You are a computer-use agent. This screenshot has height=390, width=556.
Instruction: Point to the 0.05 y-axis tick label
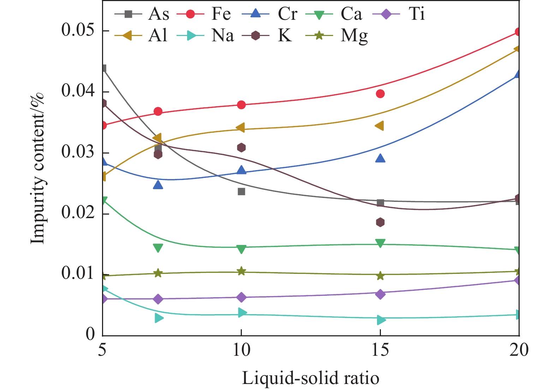tap(78, 30)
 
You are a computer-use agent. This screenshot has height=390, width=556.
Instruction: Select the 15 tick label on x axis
tap(380, 350)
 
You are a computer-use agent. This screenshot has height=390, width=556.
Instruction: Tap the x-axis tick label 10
tap(241, 350)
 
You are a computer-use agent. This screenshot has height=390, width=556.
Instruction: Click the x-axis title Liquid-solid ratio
tap(310, 378)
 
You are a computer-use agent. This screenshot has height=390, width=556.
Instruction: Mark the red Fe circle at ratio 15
tap(380, 94)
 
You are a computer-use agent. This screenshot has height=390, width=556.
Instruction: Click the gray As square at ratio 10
tap(241, 192)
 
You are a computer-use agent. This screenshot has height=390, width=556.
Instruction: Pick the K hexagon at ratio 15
tap(380, 222)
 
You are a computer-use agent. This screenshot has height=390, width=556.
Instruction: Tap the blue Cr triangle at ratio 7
tap(158, 185)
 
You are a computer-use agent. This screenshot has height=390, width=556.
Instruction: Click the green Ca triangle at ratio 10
tap(241, 249)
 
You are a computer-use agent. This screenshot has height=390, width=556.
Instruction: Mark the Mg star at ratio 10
tap(241, 271)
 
